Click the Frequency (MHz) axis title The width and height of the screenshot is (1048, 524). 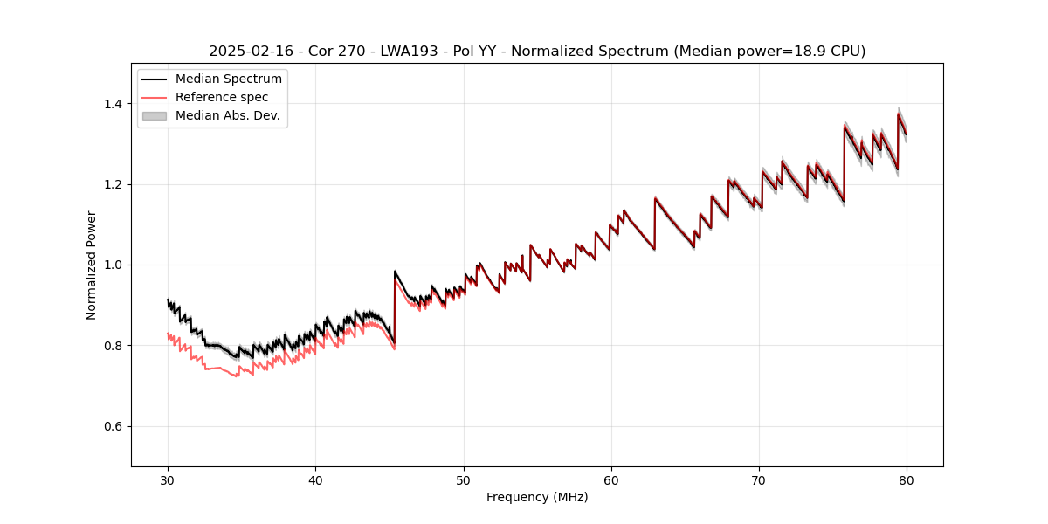537,497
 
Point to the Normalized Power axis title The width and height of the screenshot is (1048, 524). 92,265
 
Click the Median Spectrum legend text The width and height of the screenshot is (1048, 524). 229,79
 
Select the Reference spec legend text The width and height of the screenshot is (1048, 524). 222,97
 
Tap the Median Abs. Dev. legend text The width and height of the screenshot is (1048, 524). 228,115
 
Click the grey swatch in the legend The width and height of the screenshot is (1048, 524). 155,115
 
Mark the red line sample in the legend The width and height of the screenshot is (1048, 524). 155,97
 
